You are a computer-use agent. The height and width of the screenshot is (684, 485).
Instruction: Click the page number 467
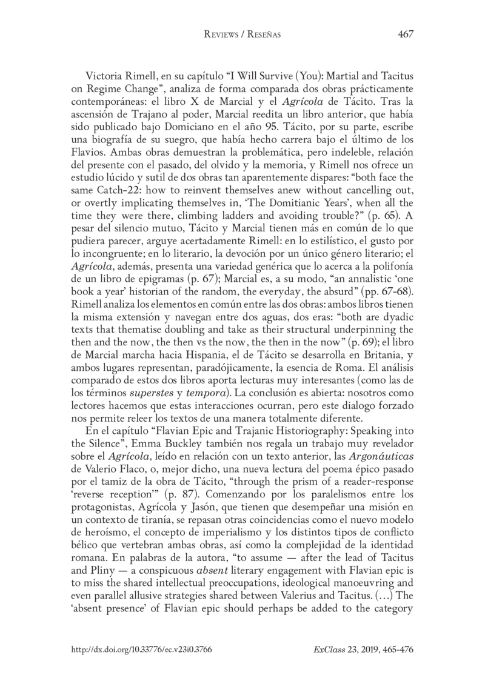pyautogui.click(x=405, y=35)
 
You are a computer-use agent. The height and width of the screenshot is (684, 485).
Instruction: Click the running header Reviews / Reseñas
pyautogui.click(x=242, y=35)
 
